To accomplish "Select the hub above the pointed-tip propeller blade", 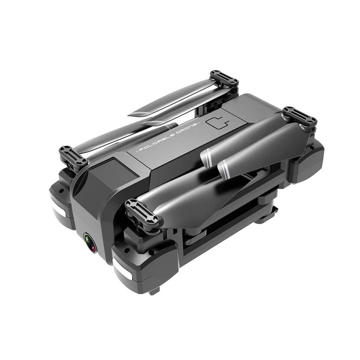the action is [224, 78].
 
